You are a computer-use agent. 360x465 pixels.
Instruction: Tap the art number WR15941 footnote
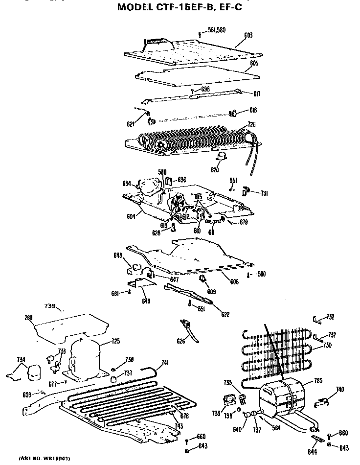[45, 459]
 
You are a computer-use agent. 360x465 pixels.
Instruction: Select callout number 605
[254, 64]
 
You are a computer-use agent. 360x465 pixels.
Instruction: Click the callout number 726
[251, 124]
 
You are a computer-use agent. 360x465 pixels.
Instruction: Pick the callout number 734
[20, 360]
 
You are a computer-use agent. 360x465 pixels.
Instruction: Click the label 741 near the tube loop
[165, 362]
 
